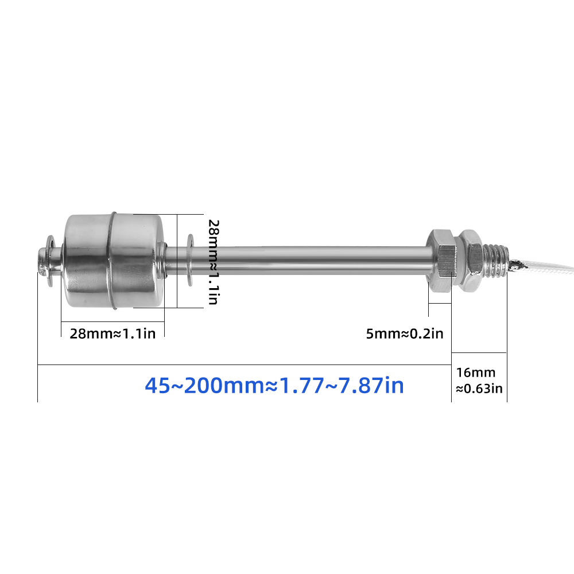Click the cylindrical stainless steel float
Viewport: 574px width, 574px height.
[x=114, y=261]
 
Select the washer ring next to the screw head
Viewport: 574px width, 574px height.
[x=51, y=261]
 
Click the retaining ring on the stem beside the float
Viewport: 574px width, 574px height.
[x=190, y=260]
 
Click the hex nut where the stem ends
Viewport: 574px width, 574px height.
[x=441, y=261]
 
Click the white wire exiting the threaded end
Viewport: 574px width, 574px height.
[x=542, y=266]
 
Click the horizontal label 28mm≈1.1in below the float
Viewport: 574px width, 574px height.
[x=113, y=333]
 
